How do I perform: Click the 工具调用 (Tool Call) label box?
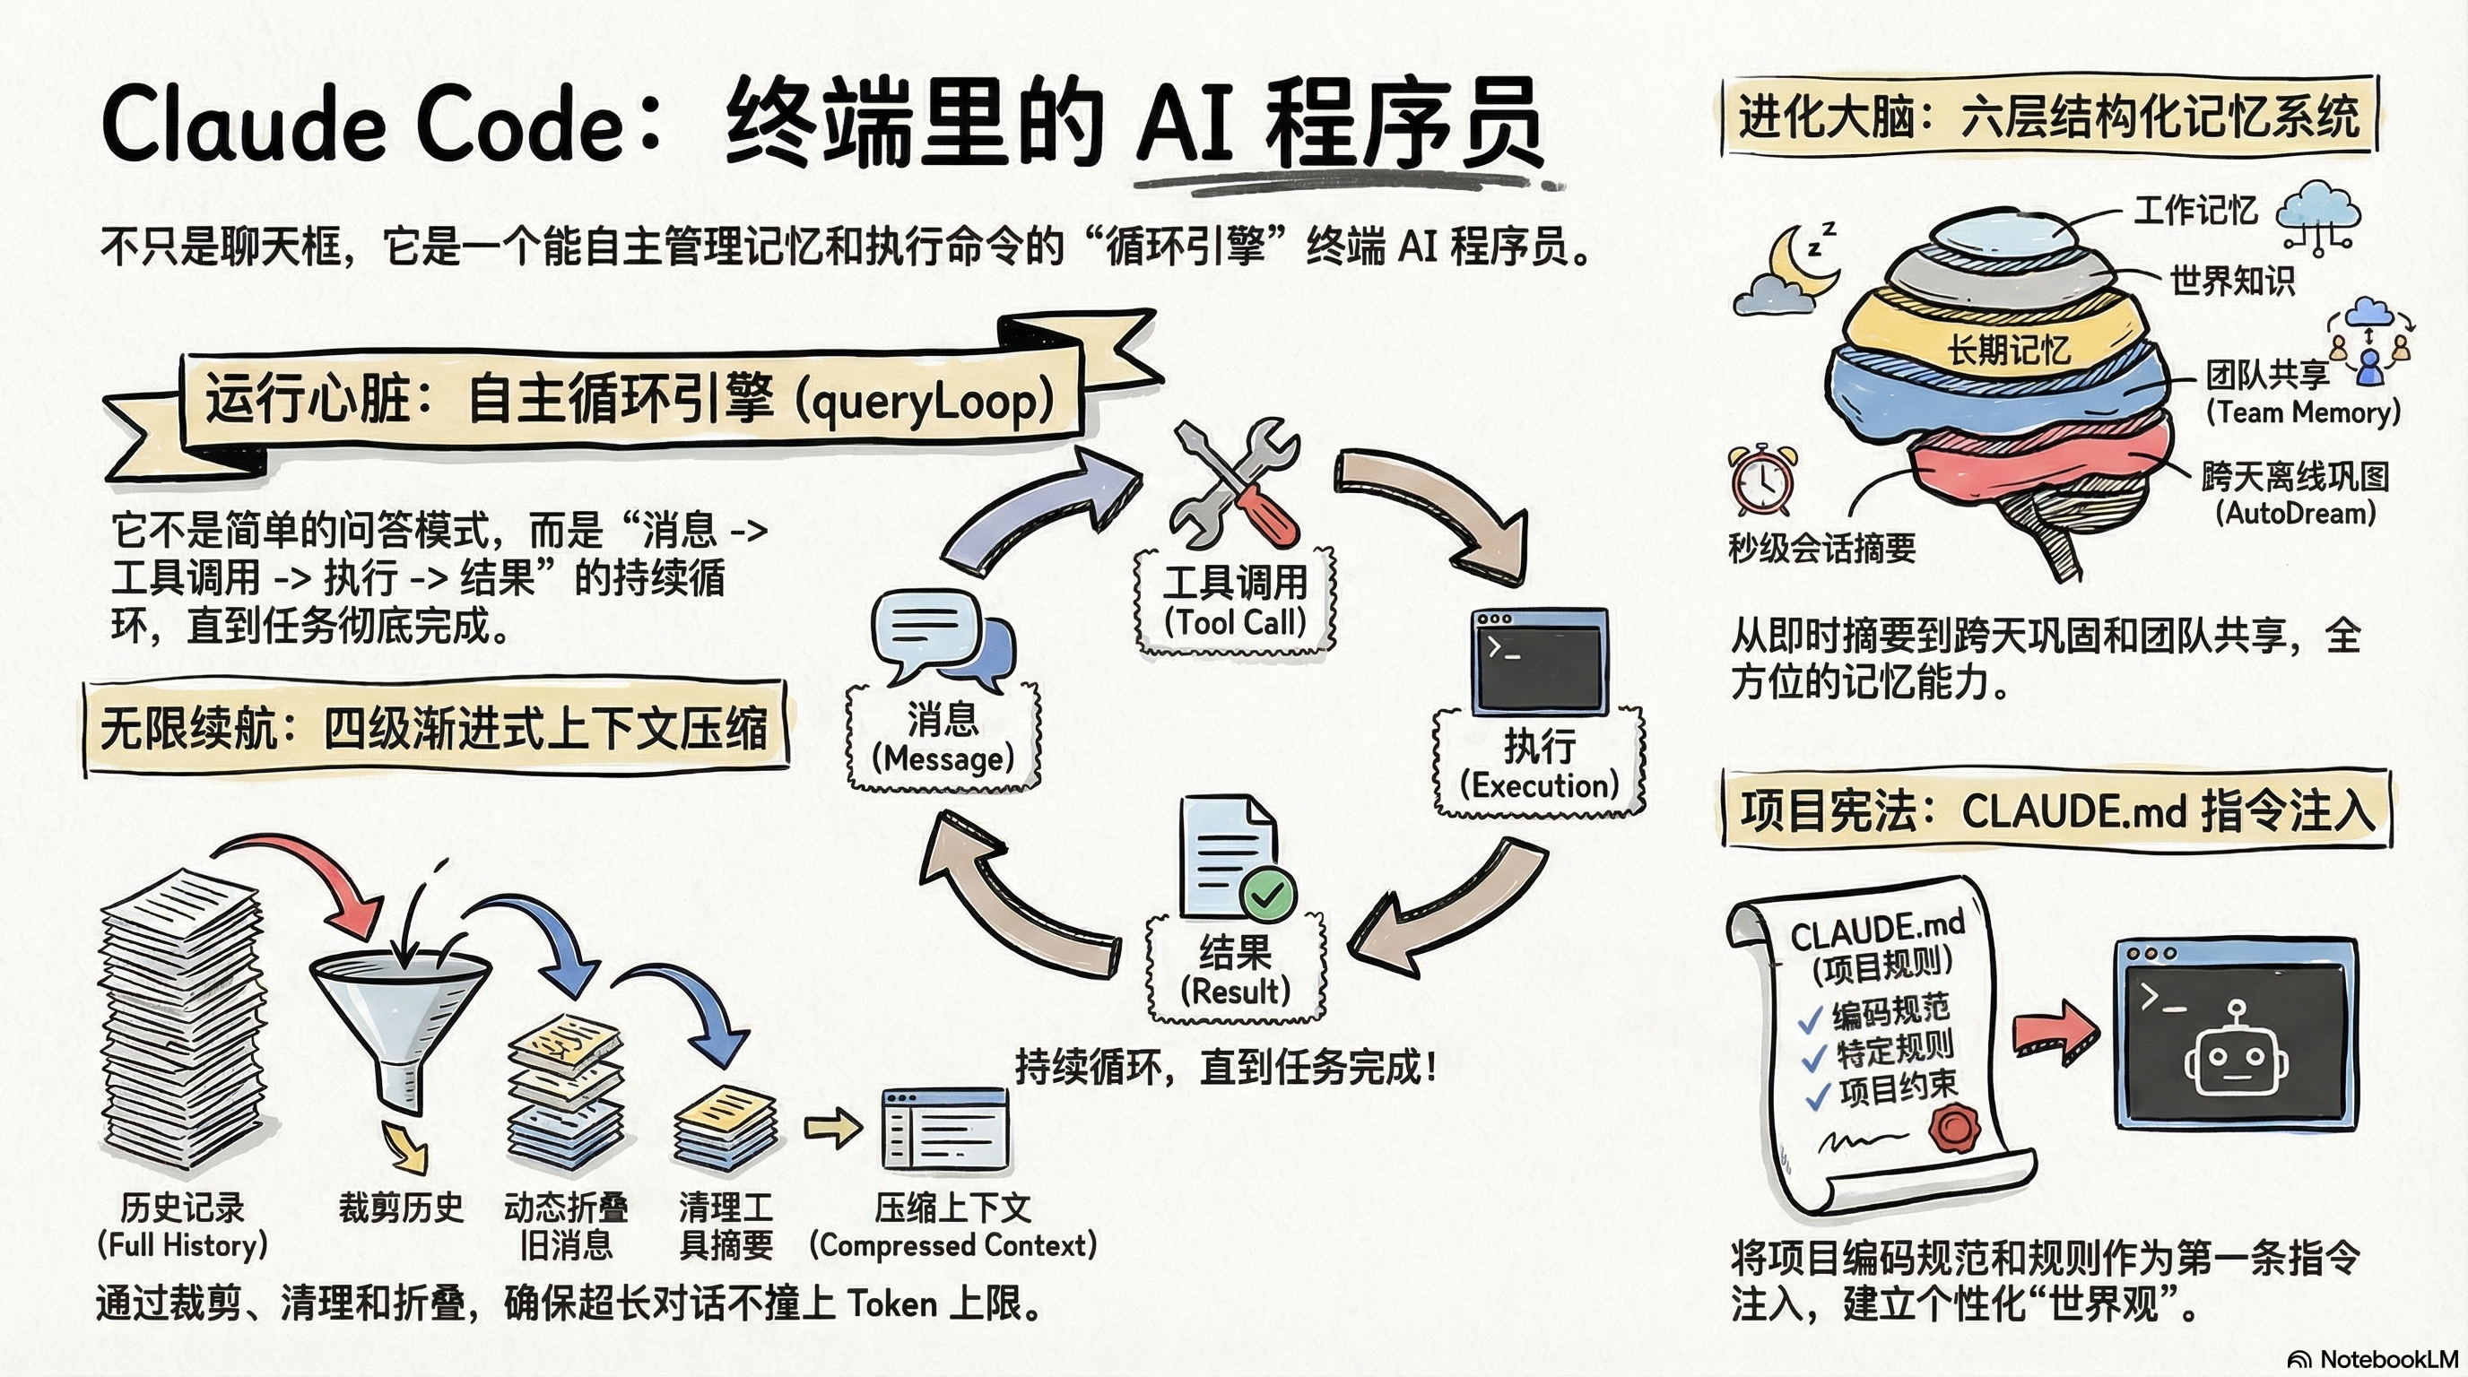point(1235,602)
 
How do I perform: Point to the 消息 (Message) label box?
point(943,737)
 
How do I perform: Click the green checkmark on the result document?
point(1267,895)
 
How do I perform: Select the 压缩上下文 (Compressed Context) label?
point(952,1225)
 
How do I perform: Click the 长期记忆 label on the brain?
point(2008,350)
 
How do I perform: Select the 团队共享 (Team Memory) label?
point(2299,393)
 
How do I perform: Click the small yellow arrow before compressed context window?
point(831,1127)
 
